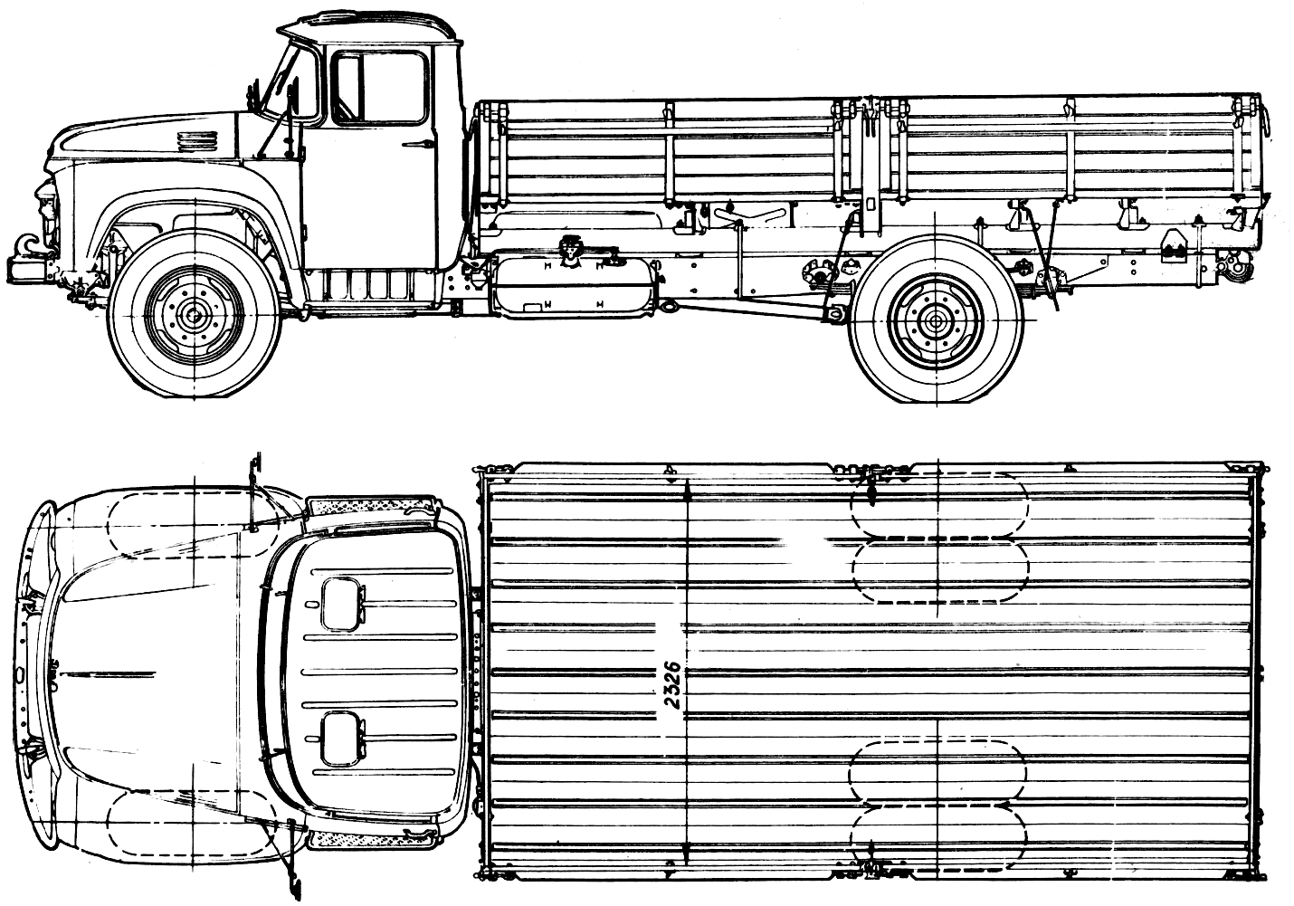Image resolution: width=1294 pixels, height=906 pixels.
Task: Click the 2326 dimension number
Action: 671,686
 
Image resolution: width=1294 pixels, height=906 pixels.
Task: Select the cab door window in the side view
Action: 381,88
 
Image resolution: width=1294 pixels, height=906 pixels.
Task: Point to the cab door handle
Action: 418,143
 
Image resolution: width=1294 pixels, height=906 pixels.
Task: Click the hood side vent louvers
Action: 195,140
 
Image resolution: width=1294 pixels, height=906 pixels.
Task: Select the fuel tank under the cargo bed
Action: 576,287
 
